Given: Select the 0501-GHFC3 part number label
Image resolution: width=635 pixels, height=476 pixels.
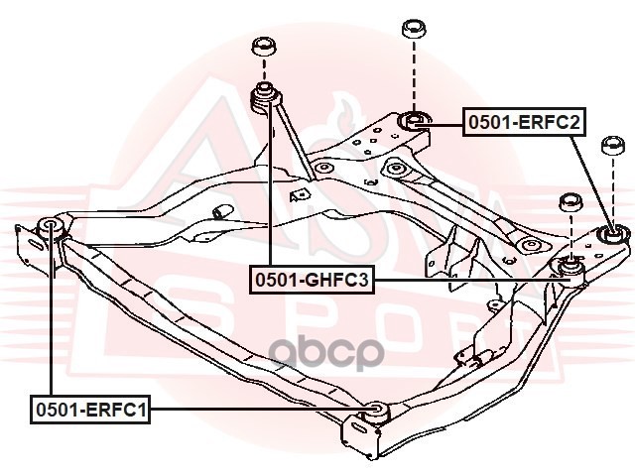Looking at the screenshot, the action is (312, 282).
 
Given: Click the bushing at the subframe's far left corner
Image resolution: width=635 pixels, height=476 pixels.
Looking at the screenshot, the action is (52, 226).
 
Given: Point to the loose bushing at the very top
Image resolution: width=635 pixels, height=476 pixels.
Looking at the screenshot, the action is (414, 28).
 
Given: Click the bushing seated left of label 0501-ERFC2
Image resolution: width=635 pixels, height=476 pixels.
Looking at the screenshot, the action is (414, 121).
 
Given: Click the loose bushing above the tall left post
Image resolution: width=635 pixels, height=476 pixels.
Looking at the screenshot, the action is (264, 48).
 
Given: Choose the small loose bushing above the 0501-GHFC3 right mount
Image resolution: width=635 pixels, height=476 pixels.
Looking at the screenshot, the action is (571, 202).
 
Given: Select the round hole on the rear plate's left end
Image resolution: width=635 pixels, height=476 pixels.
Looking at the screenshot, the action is (394, 170).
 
